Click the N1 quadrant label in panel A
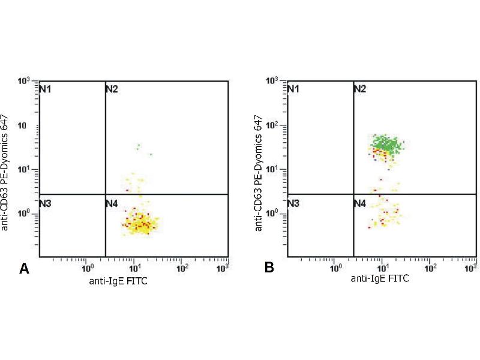pos(46,89)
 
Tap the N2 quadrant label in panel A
pos(112,89)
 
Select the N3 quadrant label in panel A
pos(46,203)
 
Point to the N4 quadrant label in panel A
pos(112,203)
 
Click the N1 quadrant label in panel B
pos(293,89)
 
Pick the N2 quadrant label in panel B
pos(360,89)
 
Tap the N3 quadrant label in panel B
pos(293,203)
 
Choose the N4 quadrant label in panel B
pos(360,203)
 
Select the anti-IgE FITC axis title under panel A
pos(122,280)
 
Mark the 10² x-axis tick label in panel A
pos(182,265)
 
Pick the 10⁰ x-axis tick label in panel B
pos(336,265)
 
